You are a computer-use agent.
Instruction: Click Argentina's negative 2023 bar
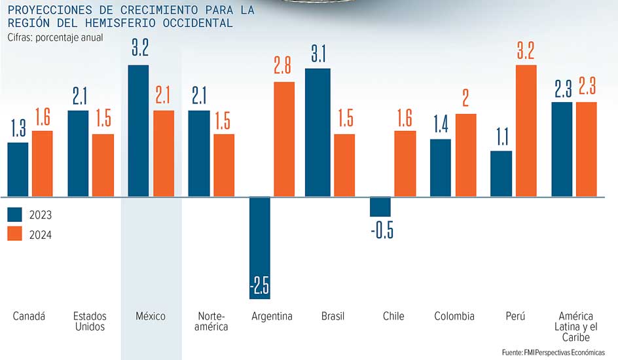pyautogui.click(x=260, y=248)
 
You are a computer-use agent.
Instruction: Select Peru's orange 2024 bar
pyautogui.click(x=526, y=131)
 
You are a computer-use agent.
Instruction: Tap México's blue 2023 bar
pyautogui.click(x=138, y=131)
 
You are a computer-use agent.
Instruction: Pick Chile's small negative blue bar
pyautogui.click(x=380, y=207)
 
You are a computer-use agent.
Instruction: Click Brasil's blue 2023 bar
pyautogui.click(x=318, y=133)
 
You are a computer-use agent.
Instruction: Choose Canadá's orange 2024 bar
pyautogui.click(x=42, y=164)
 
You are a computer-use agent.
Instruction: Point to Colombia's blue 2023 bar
pyautogui.click(x=441, y=168)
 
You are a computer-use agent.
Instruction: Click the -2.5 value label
pyautogui.click(x=260, y=285)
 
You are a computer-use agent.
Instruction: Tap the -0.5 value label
pyautogui.click(x=382, y=230)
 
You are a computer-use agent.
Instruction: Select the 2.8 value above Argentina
pyautogui.click(x=283, y=65)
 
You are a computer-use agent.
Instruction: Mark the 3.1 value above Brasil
pyautogui.click(x=318, y=54)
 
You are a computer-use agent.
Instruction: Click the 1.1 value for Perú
pyautogui.click(x=502, y=137)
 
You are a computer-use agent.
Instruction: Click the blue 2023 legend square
pyautogui.click(x=14, y=215)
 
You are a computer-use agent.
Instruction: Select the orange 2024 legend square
pyautogui.click(x=14, y=234)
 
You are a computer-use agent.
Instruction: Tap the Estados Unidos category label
pyautogui.click(x=90, y=321)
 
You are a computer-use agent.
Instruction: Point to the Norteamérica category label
pyautogui.click(x=211, y=321)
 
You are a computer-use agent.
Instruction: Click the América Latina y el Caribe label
pyautogui.click(x=576, y=327)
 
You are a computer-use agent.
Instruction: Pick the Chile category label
pyautogui.click(x=393, y=316)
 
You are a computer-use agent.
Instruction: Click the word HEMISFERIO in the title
pyautogui.click(x=120, y=23)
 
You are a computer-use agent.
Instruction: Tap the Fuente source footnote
pyautogui.click(x=553, y=352)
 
